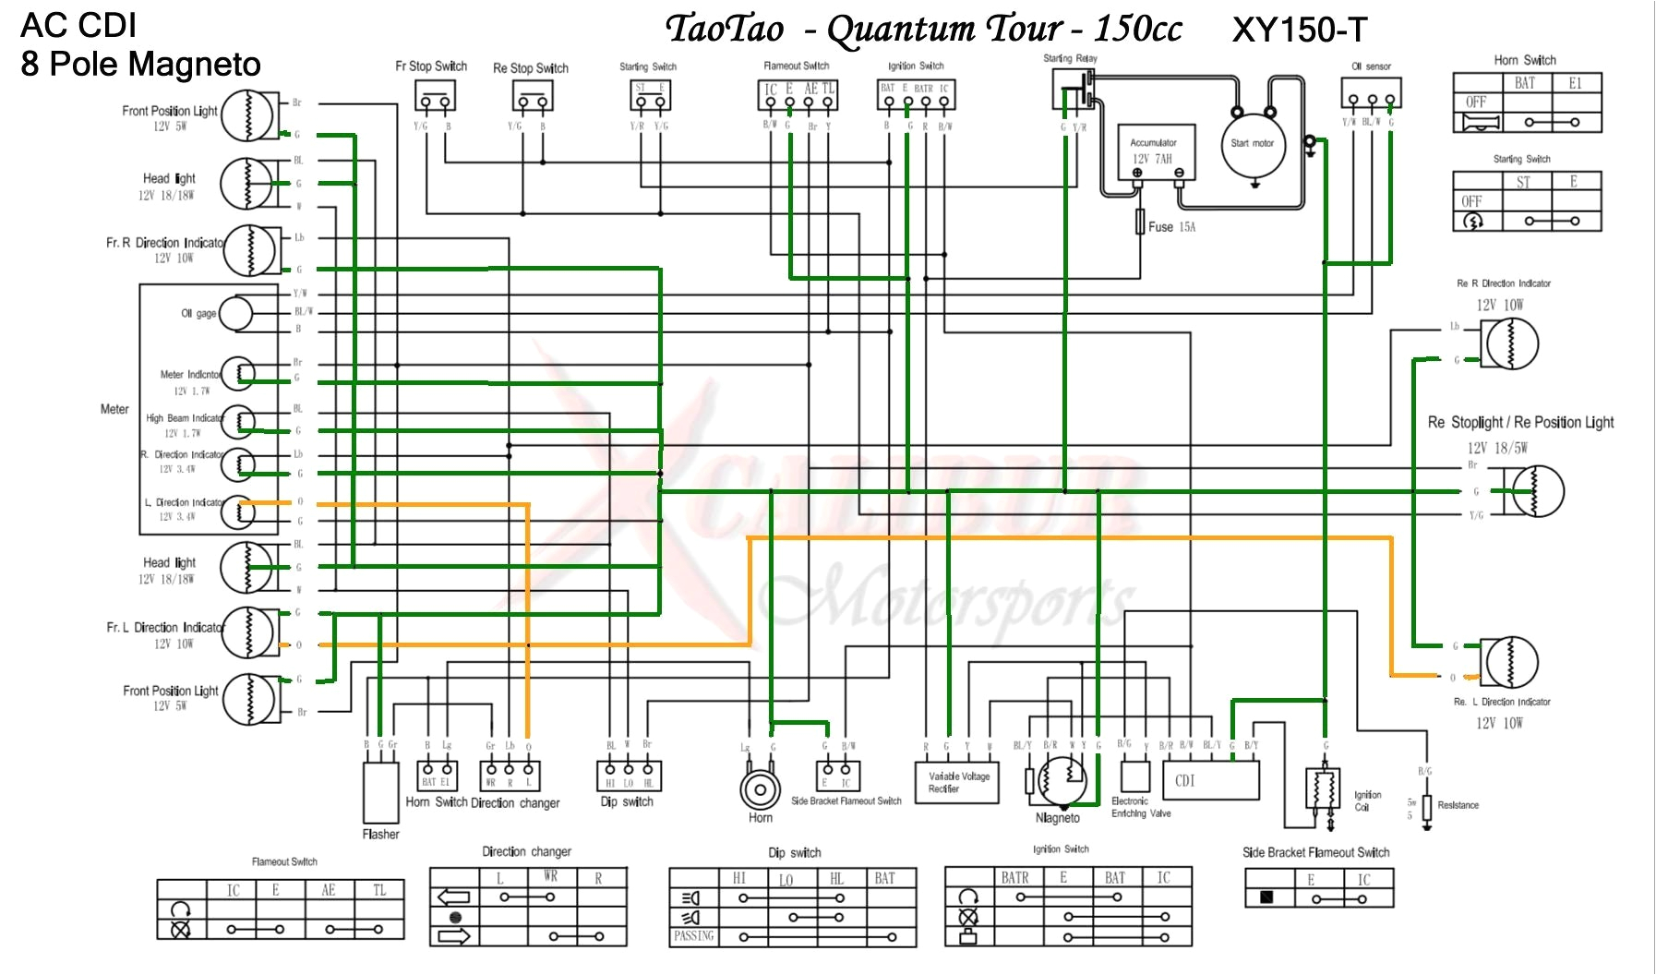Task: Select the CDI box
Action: [x=1210, y=780]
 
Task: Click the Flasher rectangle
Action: [x=380, y=792]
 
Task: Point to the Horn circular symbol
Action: [x=760, y=789]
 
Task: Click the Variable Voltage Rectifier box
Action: [x=957, y=782]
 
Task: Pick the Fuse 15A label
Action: [x=1170, y=226]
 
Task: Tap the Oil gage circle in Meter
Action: [x=234, y=313]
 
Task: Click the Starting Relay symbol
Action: [x=1074, y=89]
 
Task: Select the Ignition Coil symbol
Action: [x=1323, y=789]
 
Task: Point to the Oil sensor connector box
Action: [x=1371, y=94]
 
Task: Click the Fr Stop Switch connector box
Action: [x=434, y=96]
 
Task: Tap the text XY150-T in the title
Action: [x=1299, y=30]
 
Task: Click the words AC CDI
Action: [x=78, y=25]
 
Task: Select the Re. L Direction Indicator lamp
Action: [x=1509, y=662]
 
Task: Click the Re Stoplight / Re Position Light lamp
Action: [x=1534, y=490]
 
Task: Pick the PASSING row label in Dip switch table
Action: [x=693, y=936]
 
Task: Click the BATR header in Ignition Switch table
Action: [x=1014, y=877]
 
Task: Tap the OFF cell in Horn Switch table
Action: [x=1476, y=102]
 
